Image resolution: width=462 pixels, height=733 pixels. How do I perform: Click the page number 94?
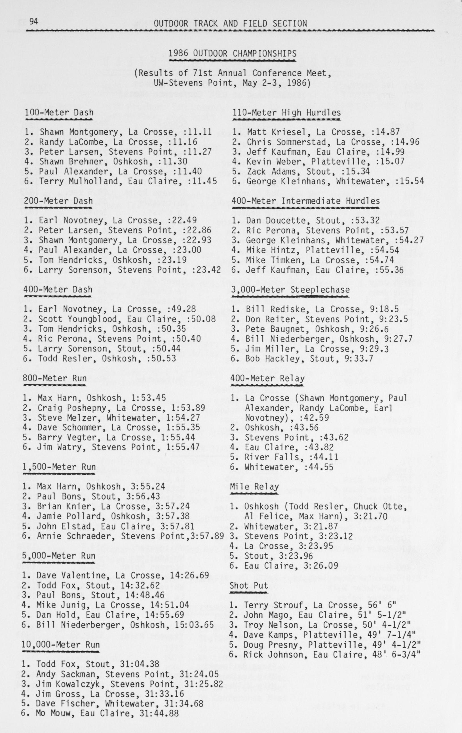point(33,21)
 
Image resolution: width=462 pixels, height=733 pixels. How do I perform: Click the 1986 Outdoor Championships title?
point(232,54)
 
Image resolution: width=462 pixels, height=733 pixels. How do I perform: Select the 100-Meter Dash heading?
point(59,113)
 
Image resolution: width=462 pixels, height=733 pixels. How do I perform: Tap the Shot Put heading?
point(249,585)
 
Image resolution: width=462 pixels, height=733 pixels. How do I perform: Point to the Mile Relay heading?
point(254,486)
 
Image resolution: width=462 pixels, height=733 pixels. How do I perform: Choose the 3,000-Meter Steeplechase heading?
point(290,289)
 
